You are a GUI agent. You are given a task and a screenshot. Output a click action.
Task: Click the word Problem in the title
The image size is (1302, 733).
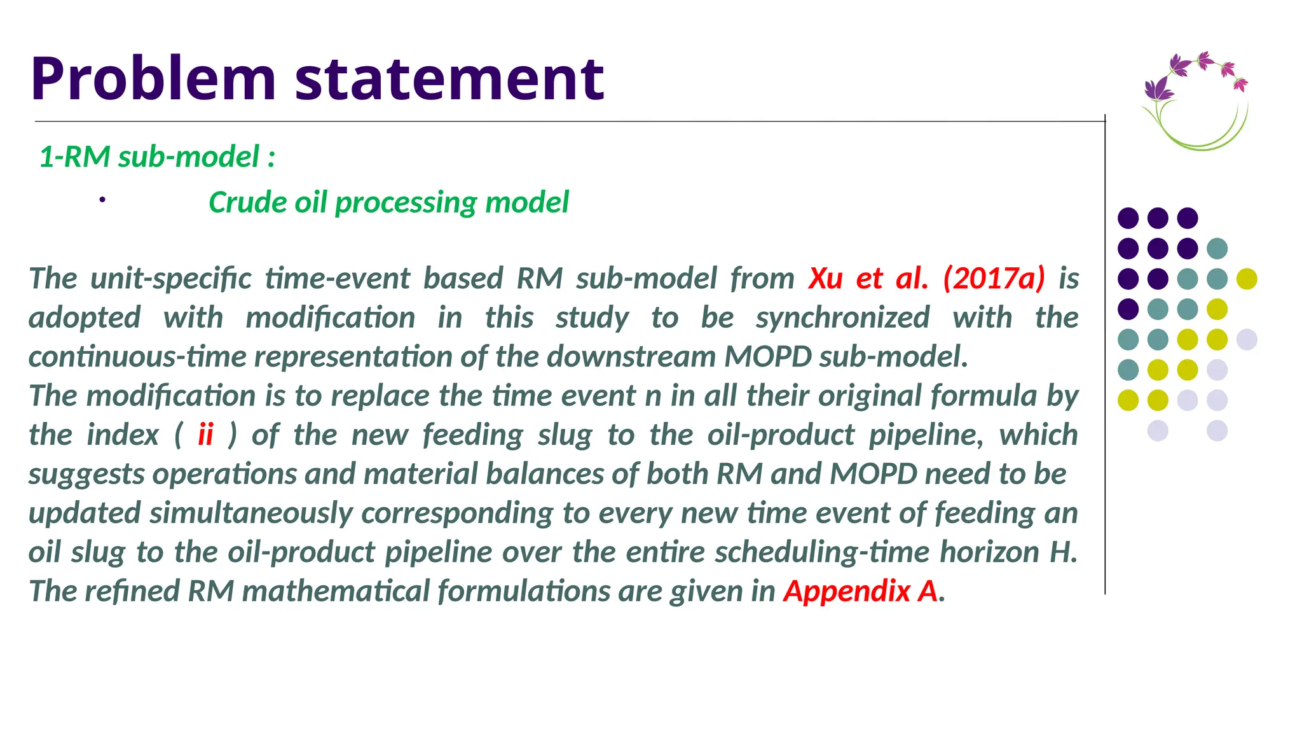pos(153,79)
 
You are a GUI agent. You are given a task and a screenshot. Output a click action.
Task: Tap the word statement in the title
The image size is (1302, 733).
pos(449,79)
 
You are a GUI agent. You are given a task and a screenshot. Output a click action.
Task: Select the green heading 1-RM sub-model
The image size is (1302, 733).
pos(156,157)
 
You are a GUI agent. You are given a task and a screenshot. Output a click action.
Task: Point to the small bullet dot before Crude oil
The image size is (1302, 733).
pos(102,200)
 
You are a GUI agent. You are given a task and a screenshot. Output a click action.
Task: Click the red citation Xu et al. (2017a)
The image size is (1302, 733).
pos(926,278)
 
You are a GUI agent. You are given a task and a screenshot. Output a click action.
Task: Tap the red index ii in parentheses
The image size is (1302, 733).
pos(205,435)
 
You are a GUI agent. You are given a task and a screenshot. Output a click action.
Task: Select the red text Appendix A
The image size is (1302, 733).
pos(860,591)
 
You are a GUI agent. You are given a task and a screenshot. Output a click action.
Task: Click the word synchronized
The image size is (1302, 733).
pos(842,318)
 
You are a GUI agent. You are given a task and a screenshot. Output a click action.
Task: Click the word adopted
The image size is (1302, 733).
pos(85,318)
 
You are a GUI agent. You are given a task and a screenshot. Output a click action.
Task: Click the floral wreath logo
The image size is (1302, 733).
pos(1196,101)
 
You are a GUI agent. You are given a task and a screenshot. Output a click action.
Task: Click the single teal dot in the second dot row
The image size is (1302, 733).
pos(1217,248)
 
